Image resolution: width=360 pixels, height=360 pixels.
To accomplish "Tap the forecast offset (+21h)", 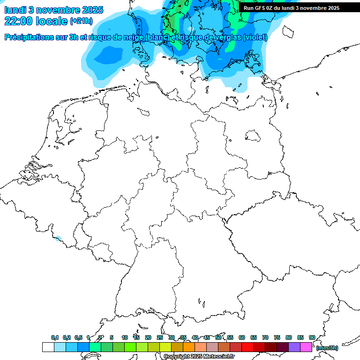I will click(81, 21).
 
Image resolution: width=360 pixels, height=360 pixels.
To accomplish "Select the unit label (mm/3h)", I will click(327, 348).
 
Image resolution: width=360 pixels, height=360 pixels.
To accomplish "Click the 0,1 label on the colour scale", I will click(55, 337).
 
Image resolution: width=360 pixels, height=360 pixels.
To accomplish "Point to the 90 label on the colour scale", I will click(312, 337).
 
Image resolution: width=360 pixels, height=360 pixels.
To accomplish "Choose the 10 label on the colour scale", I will click(125, 337).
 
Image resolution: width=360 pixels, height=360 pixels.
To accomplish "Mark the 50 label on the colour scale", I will click(218, 337).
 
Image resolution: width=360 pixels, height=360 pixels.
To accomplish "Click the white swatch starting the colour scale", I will click(48, 347).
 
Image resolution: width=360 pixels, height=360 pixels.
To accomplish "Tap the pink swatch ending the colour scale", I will click(306, 347).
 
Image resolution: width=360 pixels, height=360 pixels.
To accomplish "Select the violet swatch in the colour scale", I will click(294, 347).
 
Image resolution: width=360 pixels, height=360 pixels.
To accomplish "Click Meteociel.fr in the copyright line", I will click(219, 357).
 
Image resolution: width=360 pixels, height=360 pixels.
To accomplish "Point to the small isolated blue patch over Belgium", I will click(58, 239).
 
